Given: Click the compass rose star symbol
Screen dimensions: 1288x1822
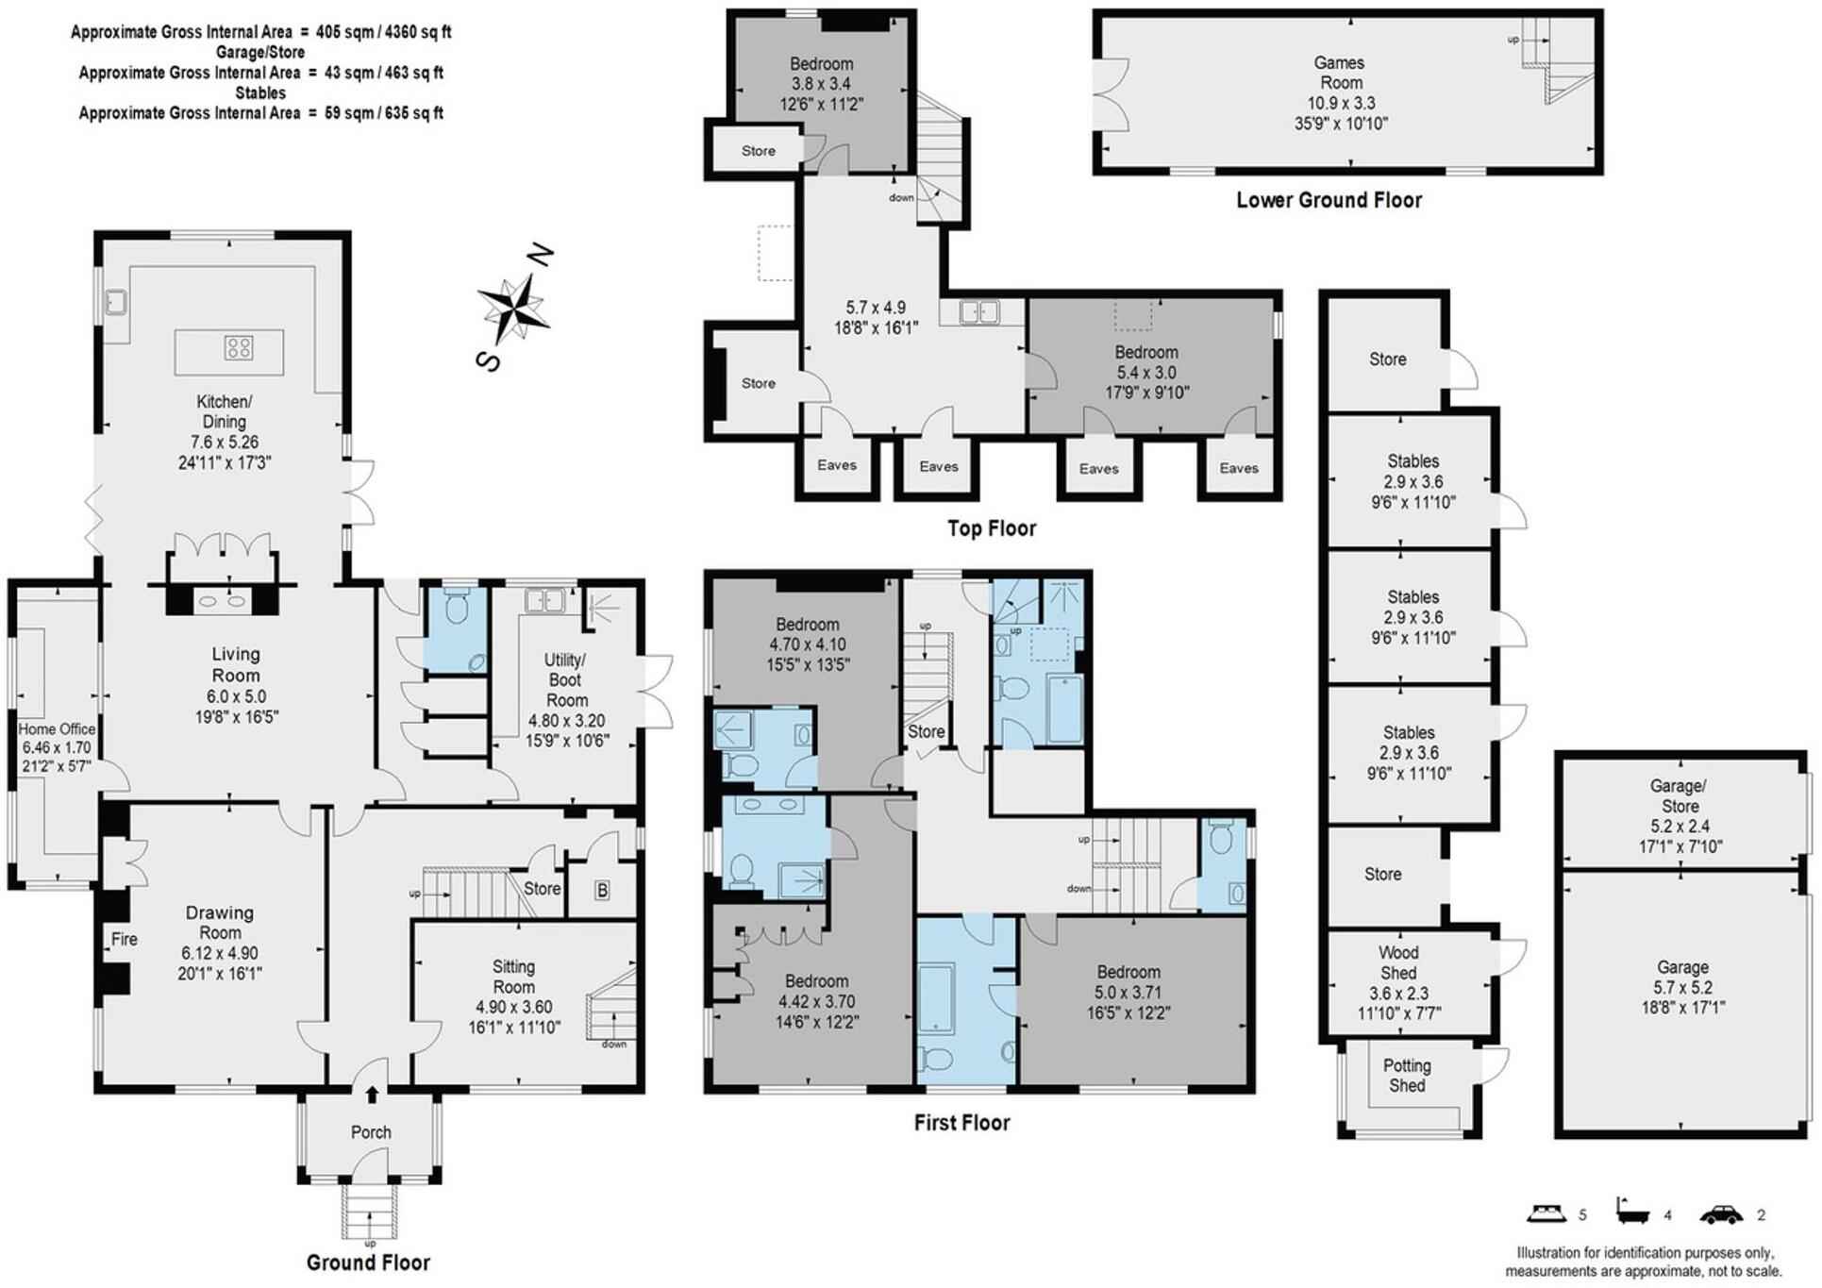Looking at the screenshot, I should tap(512, 308).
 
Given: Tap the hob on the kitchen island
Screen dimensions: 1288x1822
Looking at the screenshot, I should tap(239, 348).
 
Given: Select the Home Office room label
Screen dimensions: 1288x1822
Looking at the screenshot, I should tap(57, 728).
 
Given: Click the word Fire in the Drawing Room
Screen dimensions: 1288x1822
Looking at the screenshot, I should tap(125, 939).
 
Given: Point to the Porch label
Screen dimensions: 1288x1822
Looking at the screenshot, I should tap(371, 1132).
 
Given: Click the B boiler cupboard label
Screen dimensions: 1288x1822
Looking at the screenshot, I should tap(602, 890).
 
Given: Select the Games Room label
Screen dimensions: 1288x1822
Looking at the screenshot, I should tap(1340, 73).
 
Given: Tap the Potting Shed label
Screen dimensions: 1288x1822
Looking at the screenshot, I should tap(1407, 1076).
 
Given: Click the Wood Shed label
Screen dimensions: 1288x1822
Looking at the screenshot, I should tap(1398, 962).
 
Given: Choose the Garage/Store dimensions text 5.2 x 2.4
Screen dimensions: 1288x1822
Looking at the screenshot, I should tap(1680, 827).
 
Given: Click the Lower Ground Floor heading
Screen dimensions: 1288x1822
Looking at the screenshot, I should tap(1329, 200).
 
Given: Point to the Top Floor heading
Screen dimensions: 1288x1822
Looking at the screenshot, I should tap(992, 528).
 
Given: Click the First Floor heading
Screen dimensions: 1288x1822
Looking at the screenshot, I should tap(961, 1123).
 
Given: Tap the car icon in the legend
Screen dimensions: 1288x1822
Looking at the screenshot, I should tap(1721, 1214).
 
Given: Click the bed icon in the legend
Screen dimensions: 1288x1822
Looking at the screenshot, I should tap(1547, 1213).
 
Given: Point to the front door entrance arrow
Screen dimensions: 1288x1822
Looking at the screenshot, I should tap(372, 1094).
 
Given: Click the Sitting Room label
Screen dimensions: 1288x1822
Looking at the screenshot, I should tap(513, 977).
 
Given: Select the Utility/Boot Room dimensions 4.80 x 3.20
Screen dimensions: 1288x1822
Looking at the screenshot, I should tap(567, 721).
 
